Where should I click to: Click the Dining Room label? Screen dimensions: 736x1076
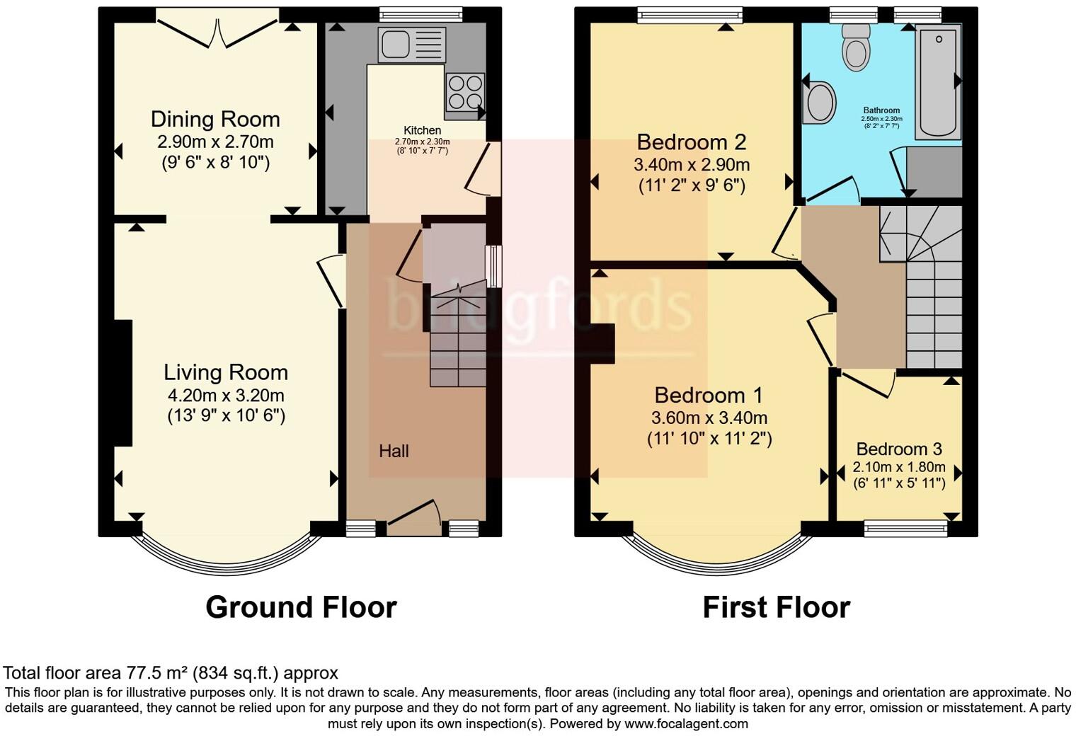[x=215, y=119]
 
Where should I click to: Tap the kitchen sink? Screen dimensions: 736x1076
[x=411, y=45]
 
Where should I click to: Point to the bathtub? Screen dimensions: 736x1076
[x=938, y=81]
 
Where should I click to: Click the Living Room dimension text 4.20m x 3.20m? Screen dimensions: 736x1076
[x=226, y=395]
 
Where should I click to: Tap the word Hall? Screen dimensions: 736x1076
[x=394, y=451]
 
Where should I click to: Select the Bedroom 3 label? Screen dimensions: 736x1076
[x=898, y=449]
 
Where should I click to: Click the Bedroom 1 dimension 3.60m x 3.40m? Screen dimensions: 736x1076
[x=709, y=418]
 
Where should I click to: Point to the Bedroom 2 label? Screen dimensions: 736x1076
[x=692, y=142]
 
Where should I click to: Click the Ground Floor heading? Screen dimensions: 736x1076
[x=301, y=607]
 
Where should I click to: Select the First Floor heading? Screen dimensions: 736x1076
[x=776, y=607]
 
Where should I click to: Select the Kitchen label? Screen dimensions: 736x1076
[x=422, y=130]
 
